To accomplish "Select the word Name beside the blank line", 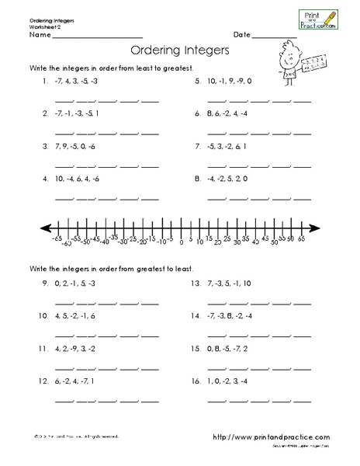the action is pyautogui.click(x=40, y=36).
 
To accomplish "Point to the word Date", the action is pyautogui.click(x=241, y=36).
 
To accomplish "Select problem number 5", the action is pyautogui.click(x=199, y=81).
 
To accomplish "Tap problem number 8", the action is pyautogui.click(x=199, y=178).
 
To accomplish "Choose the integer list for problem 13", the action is pyautogui.click(x=230, y=284).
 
